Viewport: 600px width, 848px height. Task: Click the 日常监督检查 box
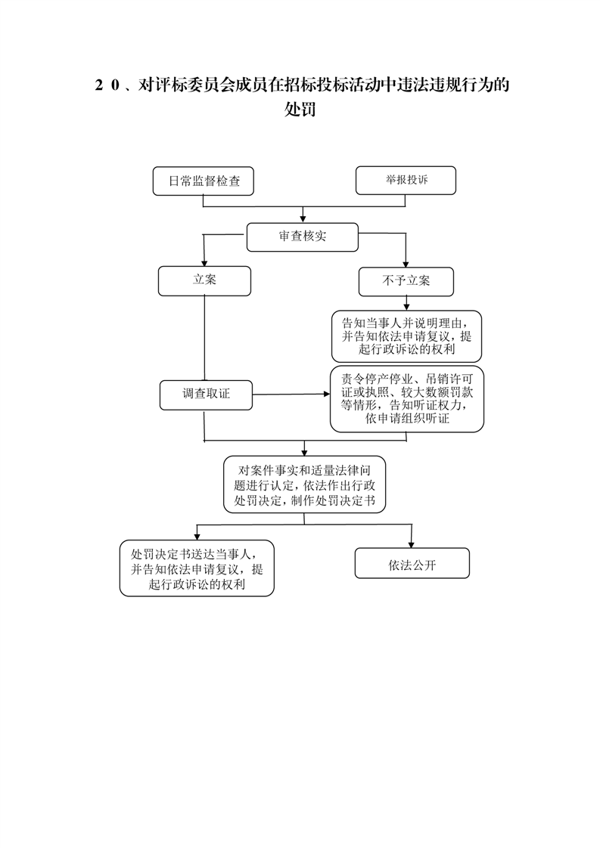203,181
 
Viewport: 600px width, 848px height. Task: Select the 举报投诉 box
406,181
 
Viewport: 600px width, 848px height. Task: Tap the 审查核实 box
302,237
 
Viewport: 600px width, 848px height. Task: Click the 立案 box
204,280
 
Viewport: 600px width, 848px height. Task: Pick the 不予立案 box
406,281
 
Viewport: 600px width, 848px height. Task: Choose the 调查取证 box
206,395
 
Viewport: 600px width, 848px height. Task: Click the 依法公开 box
412,564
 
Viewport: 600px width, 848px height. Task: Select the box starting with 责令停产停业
406,399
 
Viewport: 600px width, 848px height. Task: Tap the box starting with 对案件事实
304,484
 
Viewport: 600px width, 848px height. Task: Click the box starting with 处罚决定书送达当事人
197,568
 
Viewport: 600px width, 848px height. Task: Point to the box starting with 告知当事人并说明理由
406,336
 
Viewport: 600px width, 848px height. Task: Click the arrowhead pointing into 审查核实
303,218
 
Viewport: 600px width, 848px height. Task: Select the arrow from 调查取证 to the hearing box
291,395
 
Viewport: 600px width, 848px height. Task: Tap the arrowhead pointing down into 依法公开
412,544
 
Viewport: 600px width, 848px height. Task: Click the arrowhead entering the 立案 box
204,262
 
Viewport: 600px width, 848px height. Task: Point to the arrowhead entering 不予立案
406,263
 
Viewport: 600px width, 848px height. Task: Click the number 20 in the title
107,85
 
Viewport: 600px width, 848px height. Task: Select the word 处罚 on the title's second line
300,110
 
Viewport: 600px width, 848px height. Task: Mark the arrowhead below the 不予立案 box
406,307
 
